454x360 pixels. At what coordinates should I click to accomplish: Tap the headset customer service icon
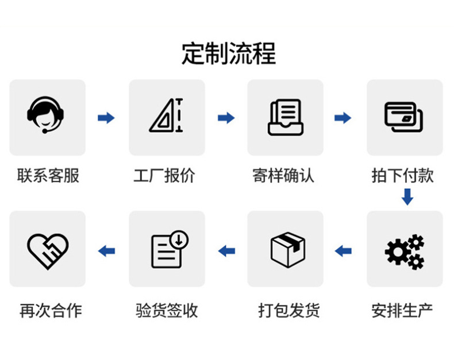click(47, 115)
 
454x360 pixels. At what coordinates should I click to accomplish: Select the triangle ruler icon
click(167, 116)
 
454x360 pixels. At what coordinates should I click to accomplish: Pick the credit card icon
click(404, 117)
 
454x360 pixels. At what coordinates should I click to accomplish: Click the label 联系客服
click(48, 175)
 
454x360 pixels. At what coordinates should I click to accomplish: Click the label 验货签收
click(167, 311)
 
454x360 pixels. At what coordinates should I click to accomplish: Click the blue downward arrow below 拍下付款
click(407, 197)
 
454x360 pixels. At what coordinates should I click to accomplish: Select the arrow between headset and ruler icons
click(106, 118)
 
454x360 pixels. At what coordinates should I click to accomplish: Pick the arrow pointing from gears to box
click(343, 251)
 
